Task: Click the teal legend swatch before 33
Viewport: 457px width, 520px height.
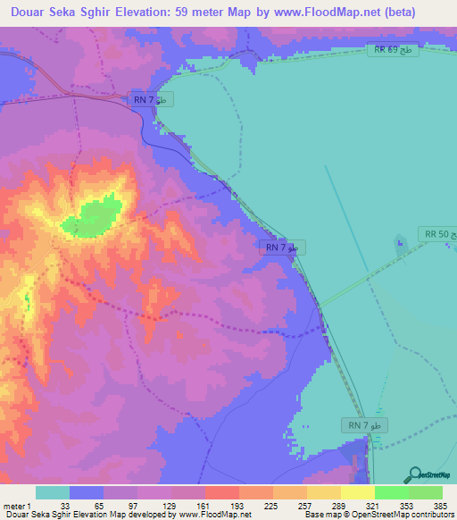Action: click(53, 492)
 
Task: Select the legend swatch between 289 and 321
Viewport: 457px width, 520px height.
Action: click(358, 492)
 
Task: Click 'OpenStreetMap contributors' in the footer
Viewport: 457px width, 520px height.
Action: click(405, 515)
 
